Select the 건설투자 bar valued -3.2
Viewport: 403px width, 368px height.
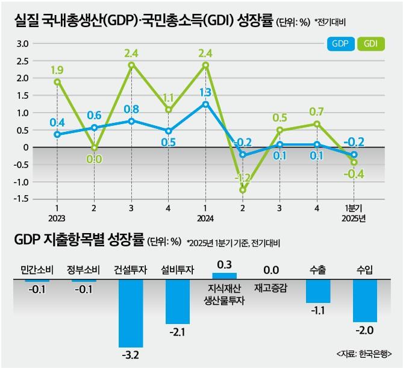click(130, 314)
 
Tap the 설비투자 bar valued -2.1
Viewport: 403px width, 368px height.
click(177, 302)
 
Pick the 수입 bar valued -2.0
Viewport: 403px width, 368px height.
click(365, 301)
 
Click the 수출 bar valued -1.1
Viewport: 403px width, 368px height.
click(318, 292)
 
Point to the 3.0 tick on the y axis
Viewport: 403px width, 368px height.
click(22, 43)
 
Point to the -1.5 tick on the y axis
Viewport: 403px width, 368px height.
click(21, 199)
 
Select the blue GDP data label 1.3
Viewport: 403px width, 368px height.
click(205, 92)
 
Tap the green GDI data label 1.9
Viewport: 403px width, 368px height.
click(57, 69)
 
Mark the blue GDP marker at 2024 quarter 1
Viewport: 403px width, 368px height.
click(205, 104)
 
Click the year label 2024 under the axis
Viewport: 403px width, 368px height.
click(205, 218)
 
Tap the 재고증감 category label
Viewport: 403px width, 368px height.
click(270, 287)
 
